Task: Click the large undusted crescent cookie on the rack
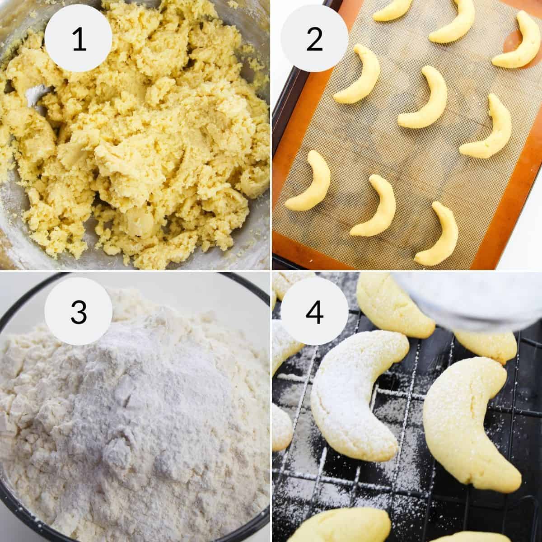[470, 416]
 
